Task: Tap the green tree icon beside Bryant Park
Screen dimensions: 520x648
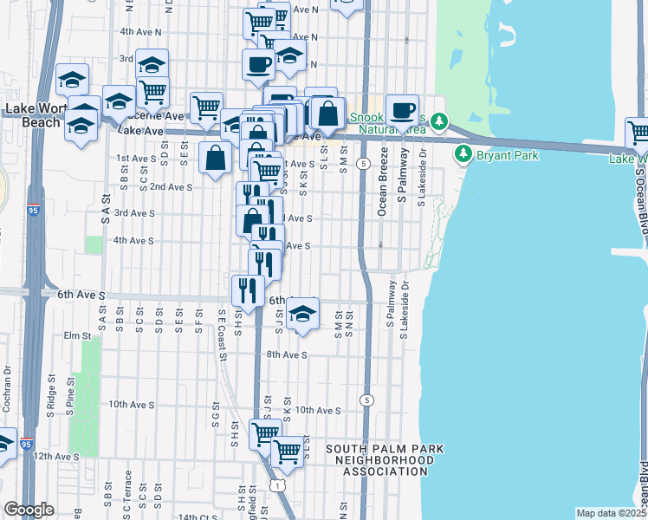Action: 463,154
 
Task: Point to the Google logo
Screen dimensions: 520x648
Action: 29,510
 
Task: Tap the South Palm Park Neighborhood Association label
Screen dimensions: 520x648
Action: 384,460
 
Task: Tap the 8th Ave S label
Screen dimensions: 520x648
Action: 287,354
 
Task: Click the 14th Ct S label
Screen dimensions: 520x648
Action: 195,517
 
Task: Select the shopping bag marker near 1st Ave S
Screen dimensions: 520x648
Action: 215,159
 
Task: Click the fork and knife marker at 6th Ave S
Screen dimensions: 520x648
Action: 249,290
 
